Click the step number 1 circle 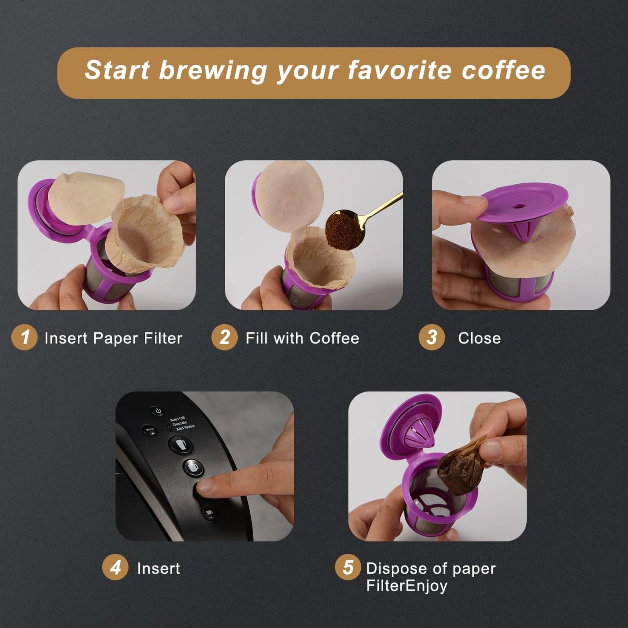tap(24, 338)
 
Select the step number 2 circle tap(224, 338)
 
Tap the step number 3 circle tap(432, 338)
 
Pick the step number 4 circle tap(115, 568)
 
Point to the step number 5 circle tap(348, 568)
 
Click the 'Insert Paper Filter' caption tap(113, 338)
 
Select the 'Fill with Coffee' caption tap(302, 338)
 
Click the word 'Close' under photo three tap(479, 338)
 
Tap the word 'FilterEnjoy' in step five tap(406, 585)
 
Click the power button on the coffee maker tap(158, 411)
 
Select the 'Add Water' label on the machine tap(186, 428)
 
